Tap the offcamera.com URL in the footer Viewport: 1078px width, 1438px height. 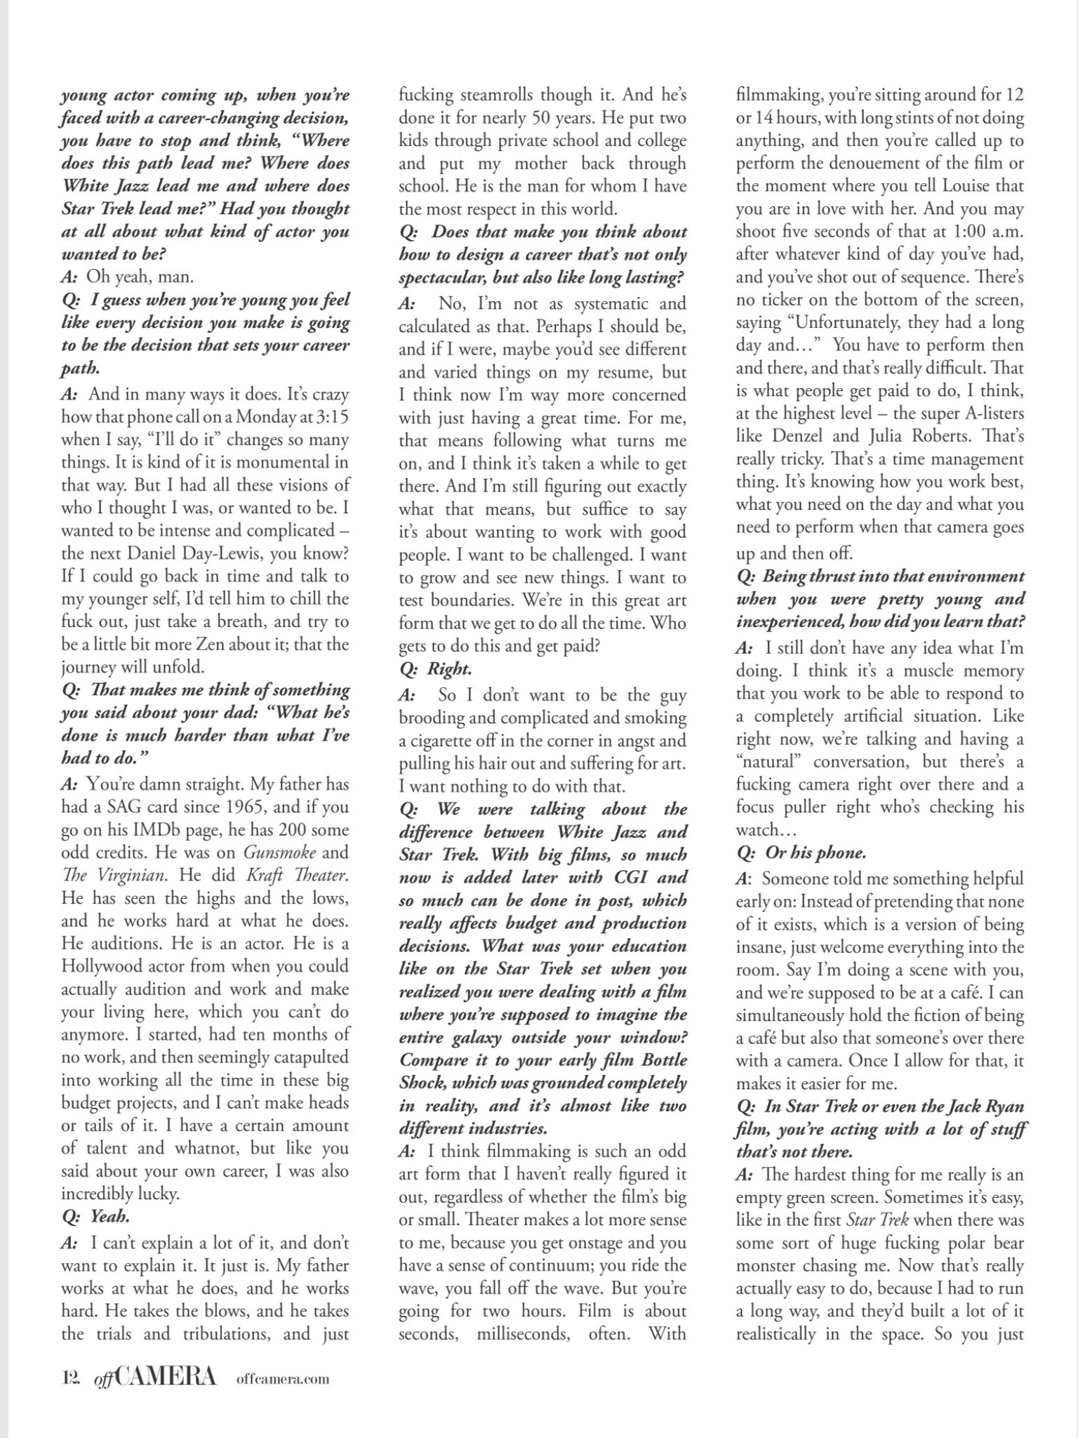[x=283, y=1378]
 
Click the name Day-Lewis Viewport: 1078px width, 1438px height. [x=228, y=553]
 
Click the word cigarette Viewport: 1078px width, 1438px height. [x=446, y=741]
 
